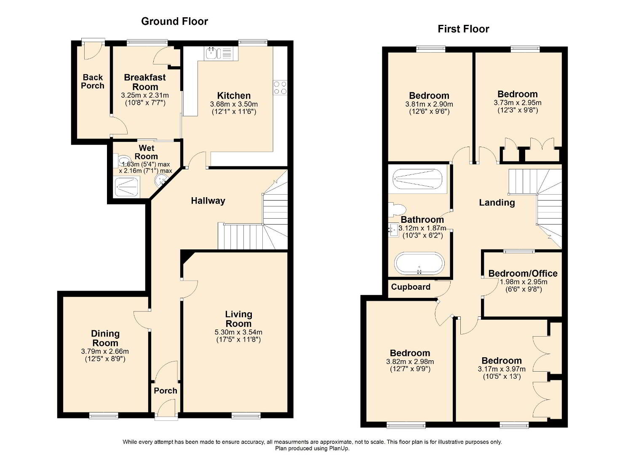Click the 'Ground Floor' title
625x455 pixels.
pos(174,21)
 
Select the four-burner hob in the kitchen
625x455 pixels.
pos(280,88)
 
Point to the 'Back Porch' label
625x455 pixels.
pos(93,81)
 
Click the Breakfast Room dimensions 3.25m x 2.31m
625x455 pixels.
pos(145,96)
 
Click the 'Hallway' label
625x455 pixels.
pos(208,201)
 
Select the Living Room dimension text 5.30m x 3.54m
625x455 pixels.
pos(238,332)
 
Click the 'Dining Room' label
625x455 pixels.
pos(105,338)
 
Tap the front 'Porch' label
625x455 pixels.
pos(166,391)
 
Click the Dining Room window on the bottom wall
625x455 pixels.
pos(104,416)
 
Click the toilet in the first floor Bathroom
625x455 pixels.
pos(396,210)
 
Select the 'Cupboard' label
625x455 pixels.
pos(411,287)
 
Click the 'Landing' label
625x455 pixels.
pos(497,203)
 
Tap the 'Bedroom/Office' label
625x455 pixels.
pos(523,273)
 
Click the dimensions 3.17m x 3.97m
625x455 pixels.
pos(502,369)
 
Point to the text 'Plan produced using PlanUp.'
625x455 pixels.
pos(312,448)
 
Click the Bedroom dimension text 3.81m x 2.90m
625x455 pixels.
pos(429,104)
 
